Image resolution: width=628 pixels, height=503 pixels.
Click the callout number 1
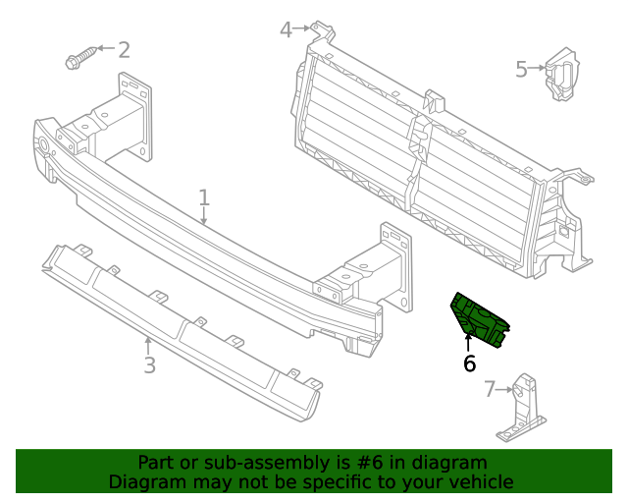click(x=204, y=197)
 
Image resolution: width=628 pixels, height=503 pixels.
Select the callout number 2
click(x=124, y=49)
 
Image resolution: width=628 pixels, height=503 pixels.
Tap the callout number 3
click(x=149, y=366)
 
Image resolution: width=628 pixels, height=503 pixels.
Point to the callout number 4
click(x=286, y=29)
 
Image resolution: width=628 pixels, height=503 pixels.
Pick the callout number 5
click(x=522, y=68)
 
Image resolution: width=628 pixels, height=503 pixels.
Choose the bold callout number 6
click(x=469, y=363)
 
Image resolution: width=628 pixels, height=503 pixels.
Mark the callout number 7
click(x=490, y=390)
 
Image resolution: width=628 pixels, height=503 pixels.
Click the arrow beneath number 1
click(x=204, y=216)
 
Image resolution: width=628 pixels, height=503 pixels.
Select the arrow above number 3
click(x=148, y=345)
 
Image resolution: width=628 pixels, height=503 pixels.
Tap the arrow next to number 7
click(x=506, y=390)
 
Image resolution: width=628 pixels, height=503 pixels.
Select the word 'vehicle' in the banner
click(x=479, y=481)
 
